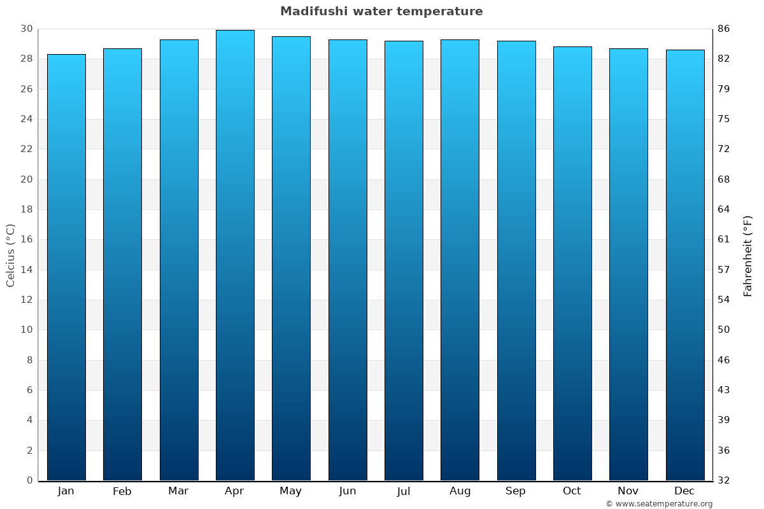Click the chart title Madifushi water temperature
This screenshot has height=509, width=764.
click(381, 11)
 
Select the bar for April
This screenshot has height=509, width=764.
click(235, 254)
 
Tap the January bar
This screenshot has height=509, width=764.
click(66, 267)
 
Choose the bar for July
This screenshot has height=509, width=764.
click(404, 261)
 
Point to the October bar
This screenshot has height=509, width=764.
click(572, 263)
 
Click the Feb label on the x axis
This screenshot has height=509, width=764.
click(122, 491)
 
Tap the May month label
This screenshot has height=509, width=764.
click(291, 491)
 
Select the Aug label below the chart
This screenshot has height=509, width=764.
click(460, 491)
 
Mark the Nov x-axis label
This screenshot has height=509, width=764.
click(628, 491)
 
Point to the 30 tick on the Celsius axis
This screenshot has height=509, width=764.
click(26, 29)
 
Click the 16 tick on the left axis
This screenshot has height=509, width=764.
click(26, 239)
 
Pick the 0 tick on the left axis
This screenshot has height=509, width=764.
click(29, 480)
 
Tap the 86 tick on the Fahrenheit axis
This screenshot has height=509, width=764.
click(723, 29)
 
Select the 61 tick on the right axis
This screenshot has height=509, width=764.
click(723, 239)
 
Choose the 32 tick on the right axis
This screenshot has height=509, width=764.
click(723, 480)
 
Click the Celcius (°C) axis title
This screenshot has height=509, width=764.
click(11, 255)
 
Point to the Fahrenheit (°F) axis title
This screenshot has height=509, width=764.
click(748, 255)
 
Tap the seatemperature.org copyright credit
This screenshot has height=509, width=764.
click(658, 504)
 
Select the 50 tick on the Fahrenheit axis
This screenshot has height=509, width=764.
click(723, 330)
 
